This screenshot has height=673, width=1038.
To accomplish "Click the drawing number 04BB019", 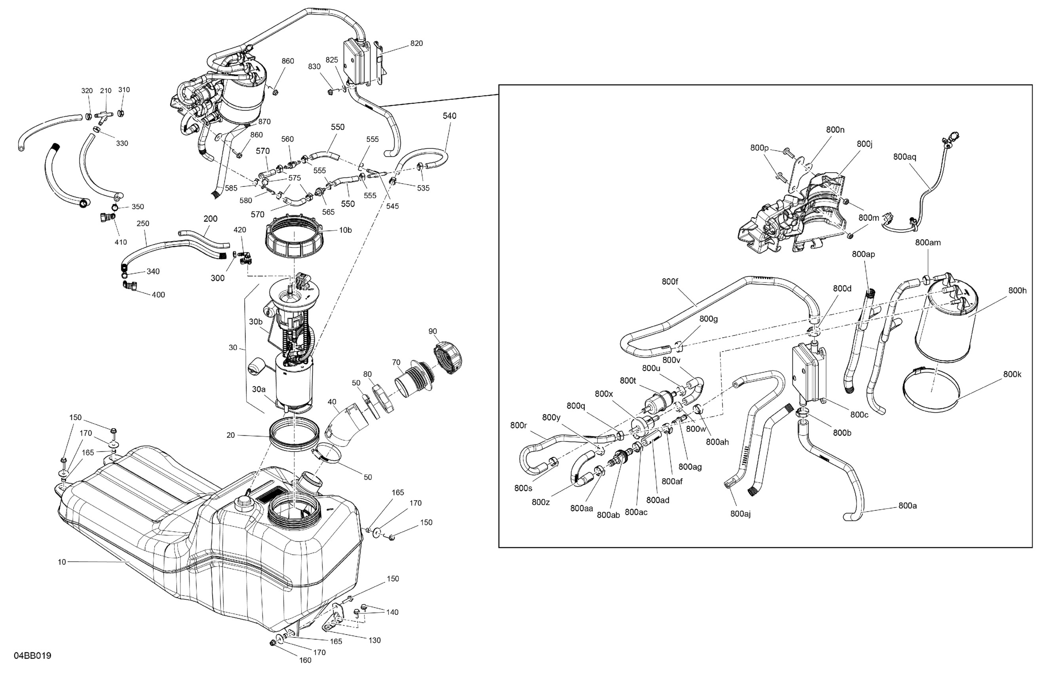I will (x=33, y=656).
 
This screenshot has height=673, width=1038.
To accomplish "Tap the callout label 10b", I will (x=346, y=230).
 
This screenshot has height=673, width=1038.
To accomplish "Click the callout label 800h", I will (x=1017, y=291).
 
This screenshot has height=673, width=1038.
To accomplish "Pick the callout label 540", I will (x=449, y=116).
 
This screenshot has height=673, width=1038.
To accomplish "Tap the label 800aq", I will (x=905, y=157).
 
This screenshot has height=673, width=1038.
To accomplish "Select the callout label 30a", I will (x=258, y=389).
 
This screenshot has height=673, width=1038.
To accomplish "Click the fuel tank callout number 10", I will (x=62, y=562).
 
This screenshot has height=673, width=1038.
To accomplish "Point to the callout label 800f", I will (x=670, y=282).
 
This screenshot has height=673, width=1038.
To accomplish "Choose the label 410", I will (x=121, y=242).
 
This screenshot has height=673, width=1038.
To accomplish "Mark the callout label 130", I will (x=375, y=640).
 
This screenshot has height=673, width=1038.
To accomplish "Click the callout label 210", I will (x=106, y=91).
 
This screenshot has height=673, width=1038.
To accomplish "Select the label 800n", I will (x=835, y=129).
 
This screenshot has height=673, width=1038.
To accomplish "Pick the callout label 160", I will (x=305, y=660).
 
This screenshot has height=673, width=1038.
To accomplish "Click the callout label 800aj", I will (x=741, y=514).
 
